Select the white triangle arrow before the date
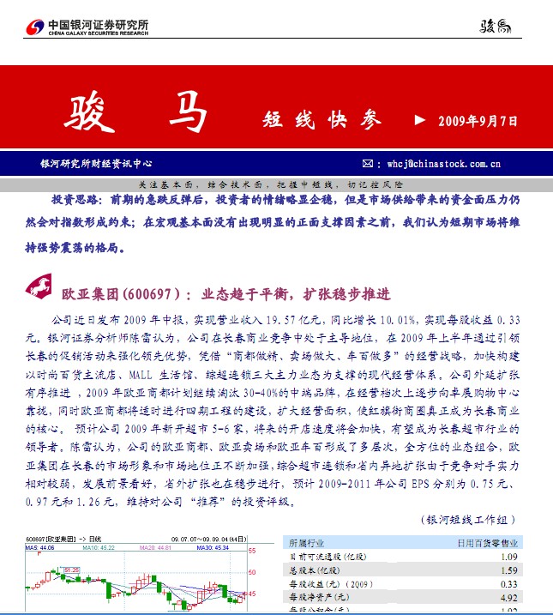(419, 121)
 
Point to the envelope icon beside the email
(367, 163)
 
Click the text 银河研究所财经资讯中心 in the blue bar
(96, 163)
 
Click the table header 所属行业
(307, 542)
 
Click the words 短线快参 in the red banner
(322, 121)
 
